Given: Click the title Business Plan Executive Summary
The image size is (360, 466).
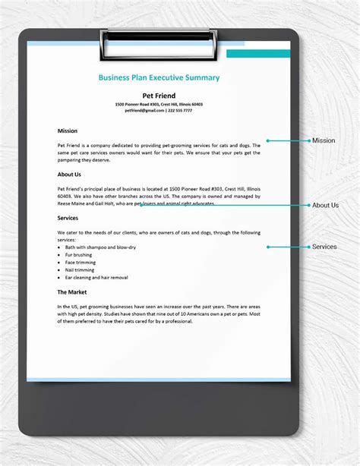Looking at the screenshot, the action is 159,77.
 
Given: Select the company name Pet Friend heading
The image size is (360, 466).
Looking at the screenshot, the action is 159,95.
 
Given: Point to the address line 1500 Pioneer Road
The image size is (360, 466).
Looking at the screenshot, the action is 159,104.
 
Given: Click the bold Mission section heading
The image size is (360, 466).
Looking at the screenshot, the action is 68,131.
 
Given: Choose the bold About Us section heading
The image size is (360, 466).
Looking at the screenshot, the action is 69,174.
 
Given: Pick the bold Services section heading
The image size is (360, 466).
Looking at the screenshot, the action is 68,218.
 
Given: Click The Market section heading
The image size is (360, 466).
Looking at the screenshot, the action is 72,291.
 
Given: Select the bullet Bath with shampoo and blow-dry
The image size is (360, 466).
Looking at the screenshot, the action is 100,247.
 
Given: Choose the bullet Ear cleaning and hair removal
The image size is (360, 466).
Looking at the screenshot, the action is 97,277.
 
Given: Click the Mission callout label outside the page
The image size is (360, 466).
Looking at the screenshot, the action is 324,140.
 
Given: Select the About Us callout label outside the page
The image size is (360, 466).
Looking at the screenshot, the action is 325,205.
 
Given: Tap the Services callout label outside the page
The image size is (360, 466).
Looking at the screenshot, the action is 324,247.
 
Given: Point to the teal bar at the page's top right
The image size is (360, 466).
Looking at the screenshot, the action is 258,53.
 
